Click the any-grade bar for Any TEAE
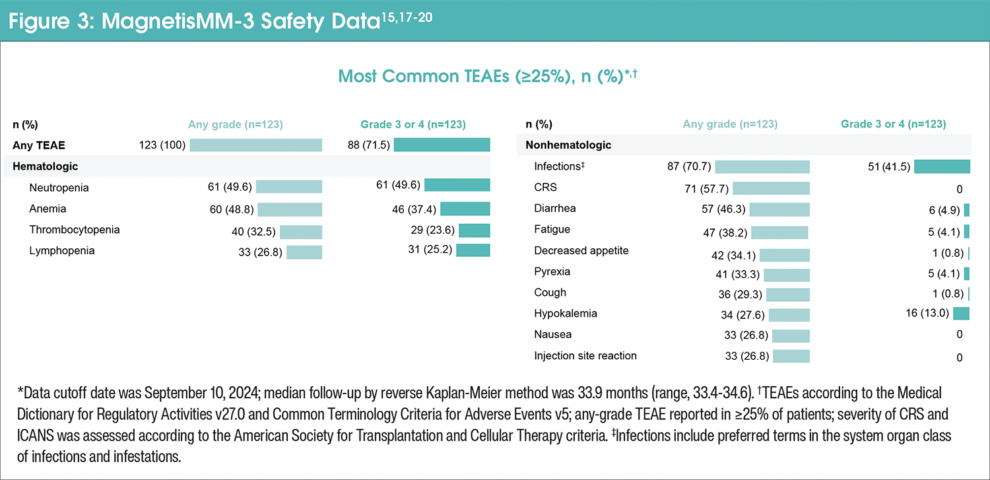point(255,145)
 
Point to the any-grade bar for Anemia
point(290,209)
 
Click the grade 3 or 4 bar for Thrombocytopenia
point(475,230)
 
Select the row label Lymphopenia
point(62,251)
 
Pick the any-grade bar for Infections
point(762,167)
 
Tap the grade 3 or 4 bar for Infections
point(942,167)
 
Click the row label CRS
point(545,188)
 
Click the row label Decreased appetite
point(581,251)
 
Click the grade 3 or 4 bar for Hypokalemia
point(961,314)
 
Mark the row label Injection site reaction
point(585,356)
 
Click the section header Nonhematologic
point(568,145)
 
